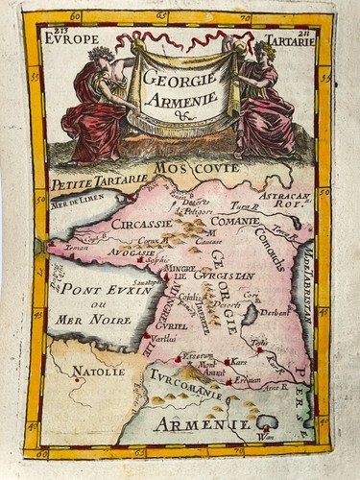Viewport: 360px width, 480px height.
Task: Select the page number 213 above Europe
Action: click(62, 29)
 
